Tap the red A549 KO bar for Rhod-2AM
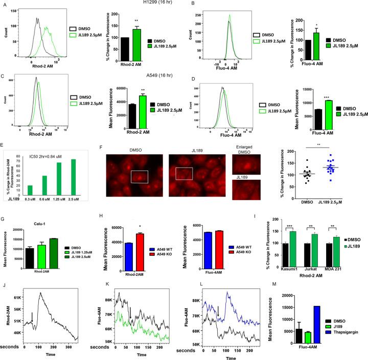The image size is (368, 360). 140,242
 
